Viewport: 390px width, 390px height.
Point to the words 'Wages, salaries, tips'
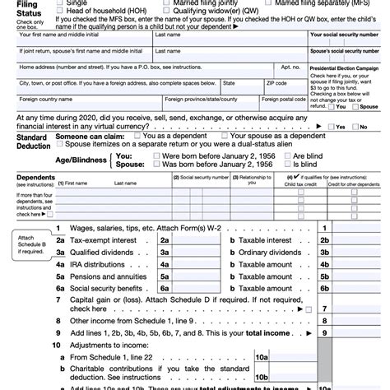pos(103,228)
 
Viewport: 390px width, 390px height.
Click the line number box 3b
pos(325,253)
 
